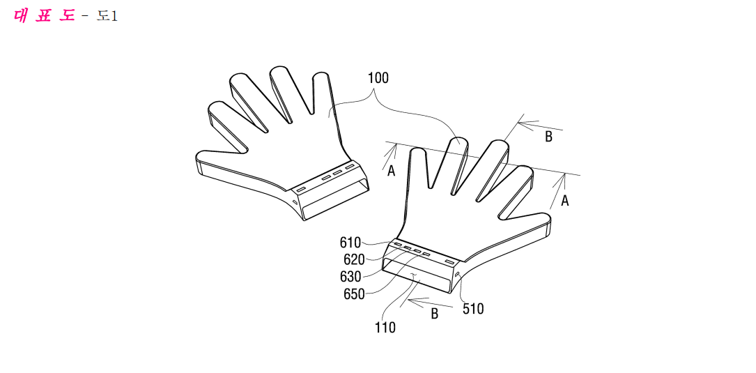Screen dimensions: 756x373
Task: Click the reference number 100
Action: point(378,78)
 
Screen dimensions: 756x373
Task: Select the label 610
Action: point(350,242)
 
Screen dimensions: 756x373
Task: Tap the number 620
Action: point(354,259)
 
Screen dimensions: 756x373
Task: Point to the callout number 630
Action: point(350,277)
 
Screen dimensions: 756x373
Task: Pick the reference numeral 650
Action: point(354,293)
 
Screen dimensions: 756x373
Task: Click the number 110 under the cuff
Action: point(385,328)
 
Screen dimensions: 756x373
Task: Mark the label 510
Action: point(473,309)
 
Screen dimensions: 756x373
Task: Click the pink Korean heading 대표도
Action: point(45,15)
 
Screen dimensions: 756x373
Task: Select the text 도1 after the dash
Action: point(107,17)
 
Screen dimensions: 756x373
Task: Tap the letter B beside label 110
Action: point(434,314)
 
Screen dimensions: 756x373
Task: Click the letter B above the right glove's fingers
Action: point(548,137)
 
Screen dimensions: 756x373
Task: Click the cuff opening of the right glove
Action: point(419,275)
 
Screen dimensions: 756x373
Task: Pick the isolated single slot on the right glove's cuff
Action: point(450,261)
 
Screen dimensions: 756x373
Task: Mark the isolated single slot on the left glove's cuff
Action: point(300,189)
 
